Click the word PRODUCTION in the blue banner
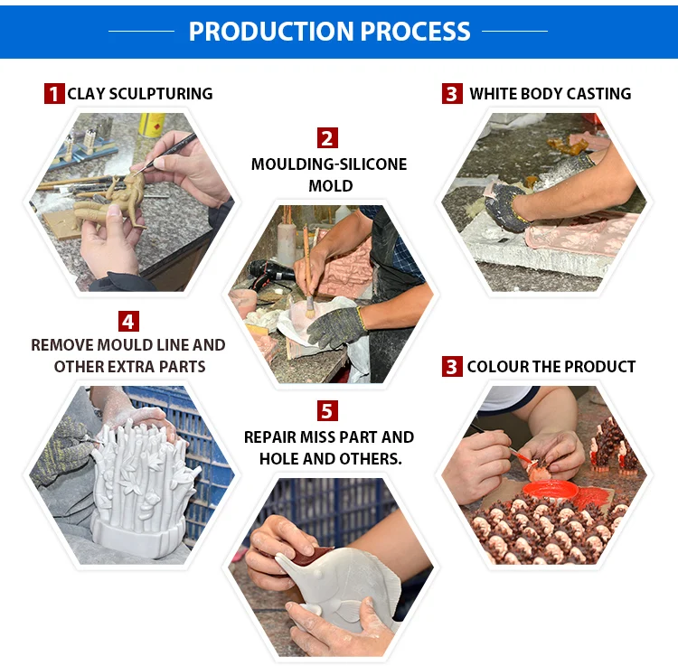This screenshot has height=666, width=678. (271, 31)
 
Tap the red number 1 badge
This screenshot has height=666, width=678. (54, 93)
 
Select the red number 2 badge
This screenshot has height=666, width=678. (327, 138)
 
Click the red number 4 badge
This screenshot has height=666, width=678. (128, 321)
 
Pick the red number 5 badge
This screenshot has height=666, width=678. (327, 410)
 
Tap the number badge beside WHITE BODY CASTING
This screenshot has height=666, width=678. (452, 93)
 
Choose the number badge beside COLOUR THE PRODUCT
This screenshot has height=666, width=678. (452, 367)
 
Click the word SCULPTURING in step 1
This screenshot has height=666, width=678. (160, 94)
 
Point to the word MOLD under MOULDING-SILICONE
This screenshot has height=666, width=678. (331, 186)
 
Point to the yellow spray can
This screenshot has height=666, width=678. (151, 125)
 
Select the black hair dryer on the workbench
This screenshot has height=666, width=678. (269, 270)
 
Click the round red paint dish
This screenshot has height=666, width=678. (550, 491)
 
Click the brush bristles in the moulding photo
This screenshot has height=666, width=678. (309, 308)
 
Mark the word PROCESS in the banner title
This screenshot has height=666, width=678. (416, 31)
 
